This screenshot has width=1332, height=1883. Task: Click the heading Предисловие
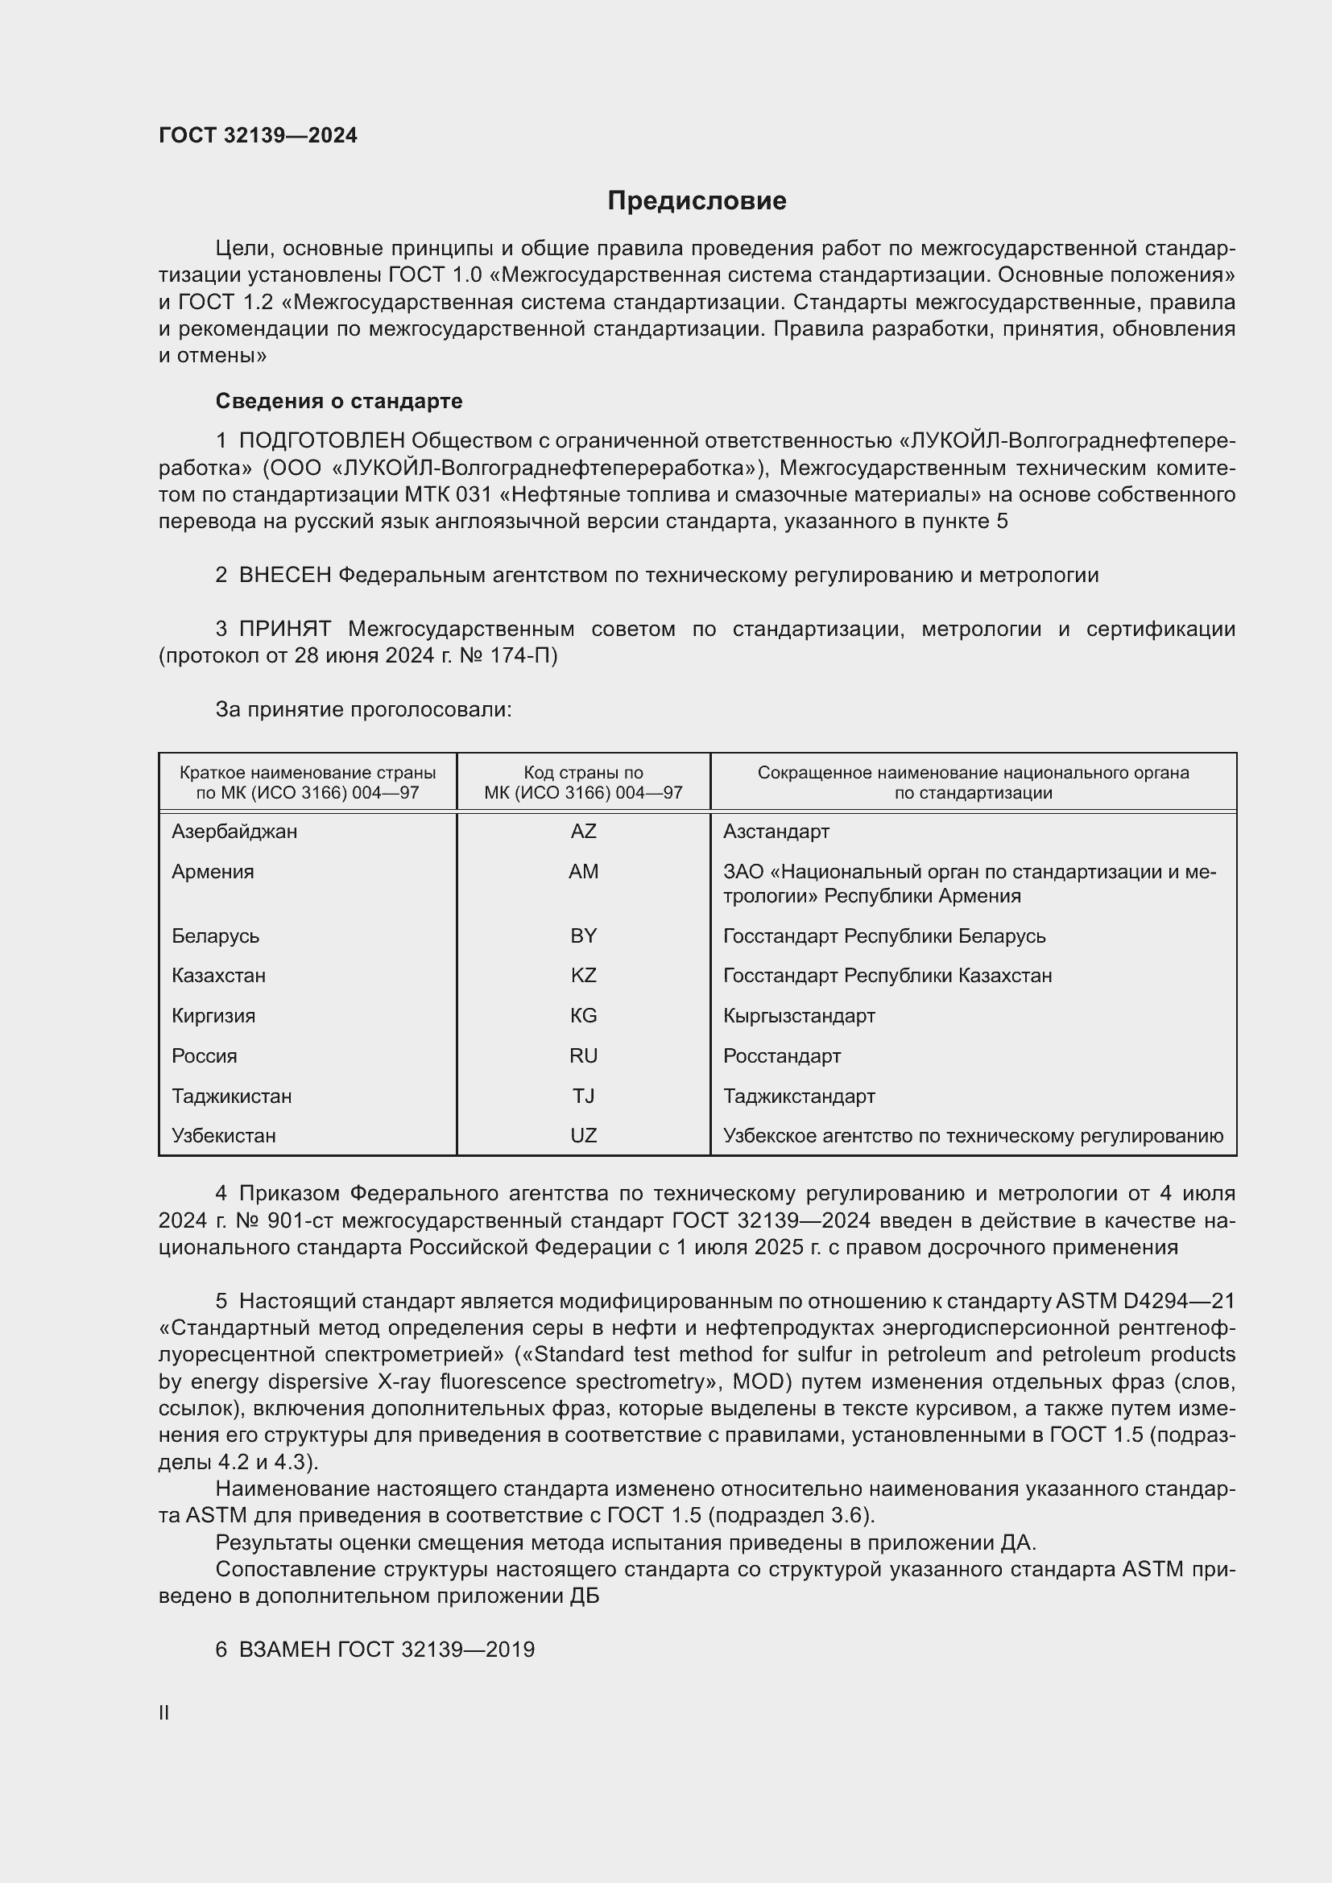(x=697, y=201)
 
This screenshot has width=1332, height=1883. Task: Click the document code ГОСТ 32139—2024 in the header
(x=258, y=135)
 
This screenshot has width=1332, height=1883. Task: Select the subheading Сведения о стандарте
(x=339, y=401)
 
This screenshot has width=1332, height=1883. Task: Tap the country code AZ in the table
(x=583, y=832)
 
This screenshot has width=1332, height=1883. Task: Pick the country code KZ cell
(x=583, y=976)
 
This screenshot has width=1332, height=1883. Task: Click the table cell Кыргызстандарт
(x=799, y=1016)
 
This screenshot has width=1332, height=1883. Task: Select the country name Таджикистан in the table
(x=231, y=1096)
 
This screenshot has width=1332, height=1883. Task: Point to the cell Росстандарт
(x=782, y=1056)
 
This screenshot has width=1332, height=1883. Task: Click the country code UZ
(x=583, y=1136)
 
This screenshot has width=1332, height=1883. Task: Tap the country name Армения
(x=213, y=872)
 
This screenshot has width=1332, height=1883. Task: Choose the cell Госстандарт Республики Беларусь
(x=883, y=936)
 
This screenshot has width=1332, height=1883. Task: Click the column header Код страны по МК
(x=583, y=783)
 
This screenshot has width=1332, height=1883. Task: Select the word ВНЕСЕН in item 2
(x=284, y=576)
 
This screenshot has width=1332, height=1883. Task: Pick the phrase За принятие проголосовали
(x=363, y=709)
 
